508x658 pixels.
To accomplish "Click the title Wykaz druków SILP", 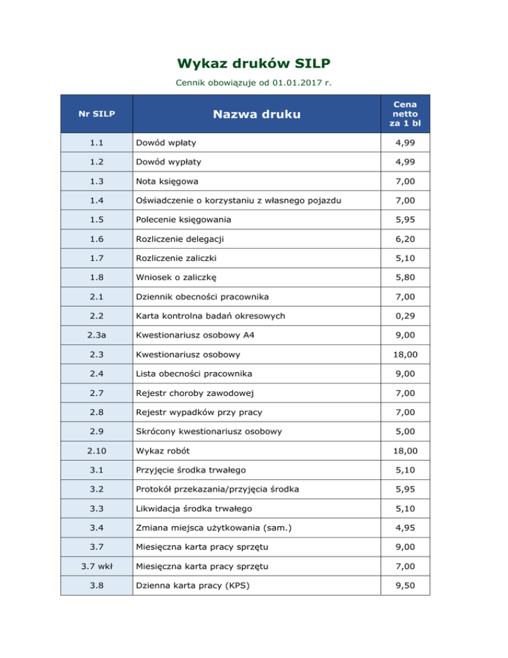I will tap(254, 64).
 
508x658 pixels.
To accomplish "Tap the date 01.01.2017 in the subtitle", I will tap(294, 84).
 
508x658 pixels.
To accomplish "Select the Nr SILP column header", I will tap(97, 114).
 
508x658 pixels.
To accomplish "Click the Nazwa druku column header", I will tap(256, 114).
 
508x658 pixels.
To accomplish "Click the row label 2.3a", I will tap(97, 336).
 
